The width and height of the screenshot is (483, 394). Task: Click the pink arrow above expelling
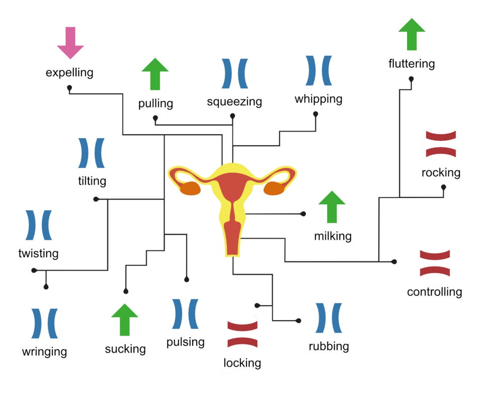click(x=70, y=43)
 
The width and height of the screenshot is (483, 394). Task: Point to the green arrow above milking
click(x=332, y=207)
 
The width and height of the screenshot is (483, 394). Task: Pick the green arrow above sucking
click(x=124, y=320)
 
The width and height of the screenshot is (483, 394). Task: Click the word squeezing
click(x=234, y=102)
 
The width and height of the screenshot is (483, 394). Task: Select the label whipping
click(x=318, y=98)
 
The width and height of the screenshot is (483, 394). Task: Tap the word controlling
click(x=434, y=291)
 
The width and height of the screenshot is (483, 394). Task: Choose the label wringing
click(x=44, y=351)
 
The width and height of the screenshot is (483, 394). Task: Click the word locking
click(x=243, y=362)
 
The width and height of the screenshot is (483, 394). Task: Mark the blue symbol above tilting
click(x=92, y=153)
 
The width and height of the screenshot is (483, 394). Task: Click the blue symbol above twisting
click(x=38, y=225)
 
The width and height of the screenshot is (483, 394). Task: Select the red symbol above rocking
click(x=441, y=144)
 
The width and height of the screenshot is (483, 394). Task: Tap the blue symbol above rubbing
click(x=329, y=318)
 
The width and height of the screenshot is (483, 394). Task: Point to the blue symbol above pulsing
click(x=185, y=314)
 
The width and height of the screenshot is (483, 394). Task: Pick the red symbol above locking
click(x=243, y=334)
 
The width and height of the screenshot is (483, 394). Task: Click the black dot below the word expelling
click(x=69, y=88)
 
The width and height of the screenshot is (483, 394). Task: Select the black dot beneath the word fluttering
click(x=412, y=79)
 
